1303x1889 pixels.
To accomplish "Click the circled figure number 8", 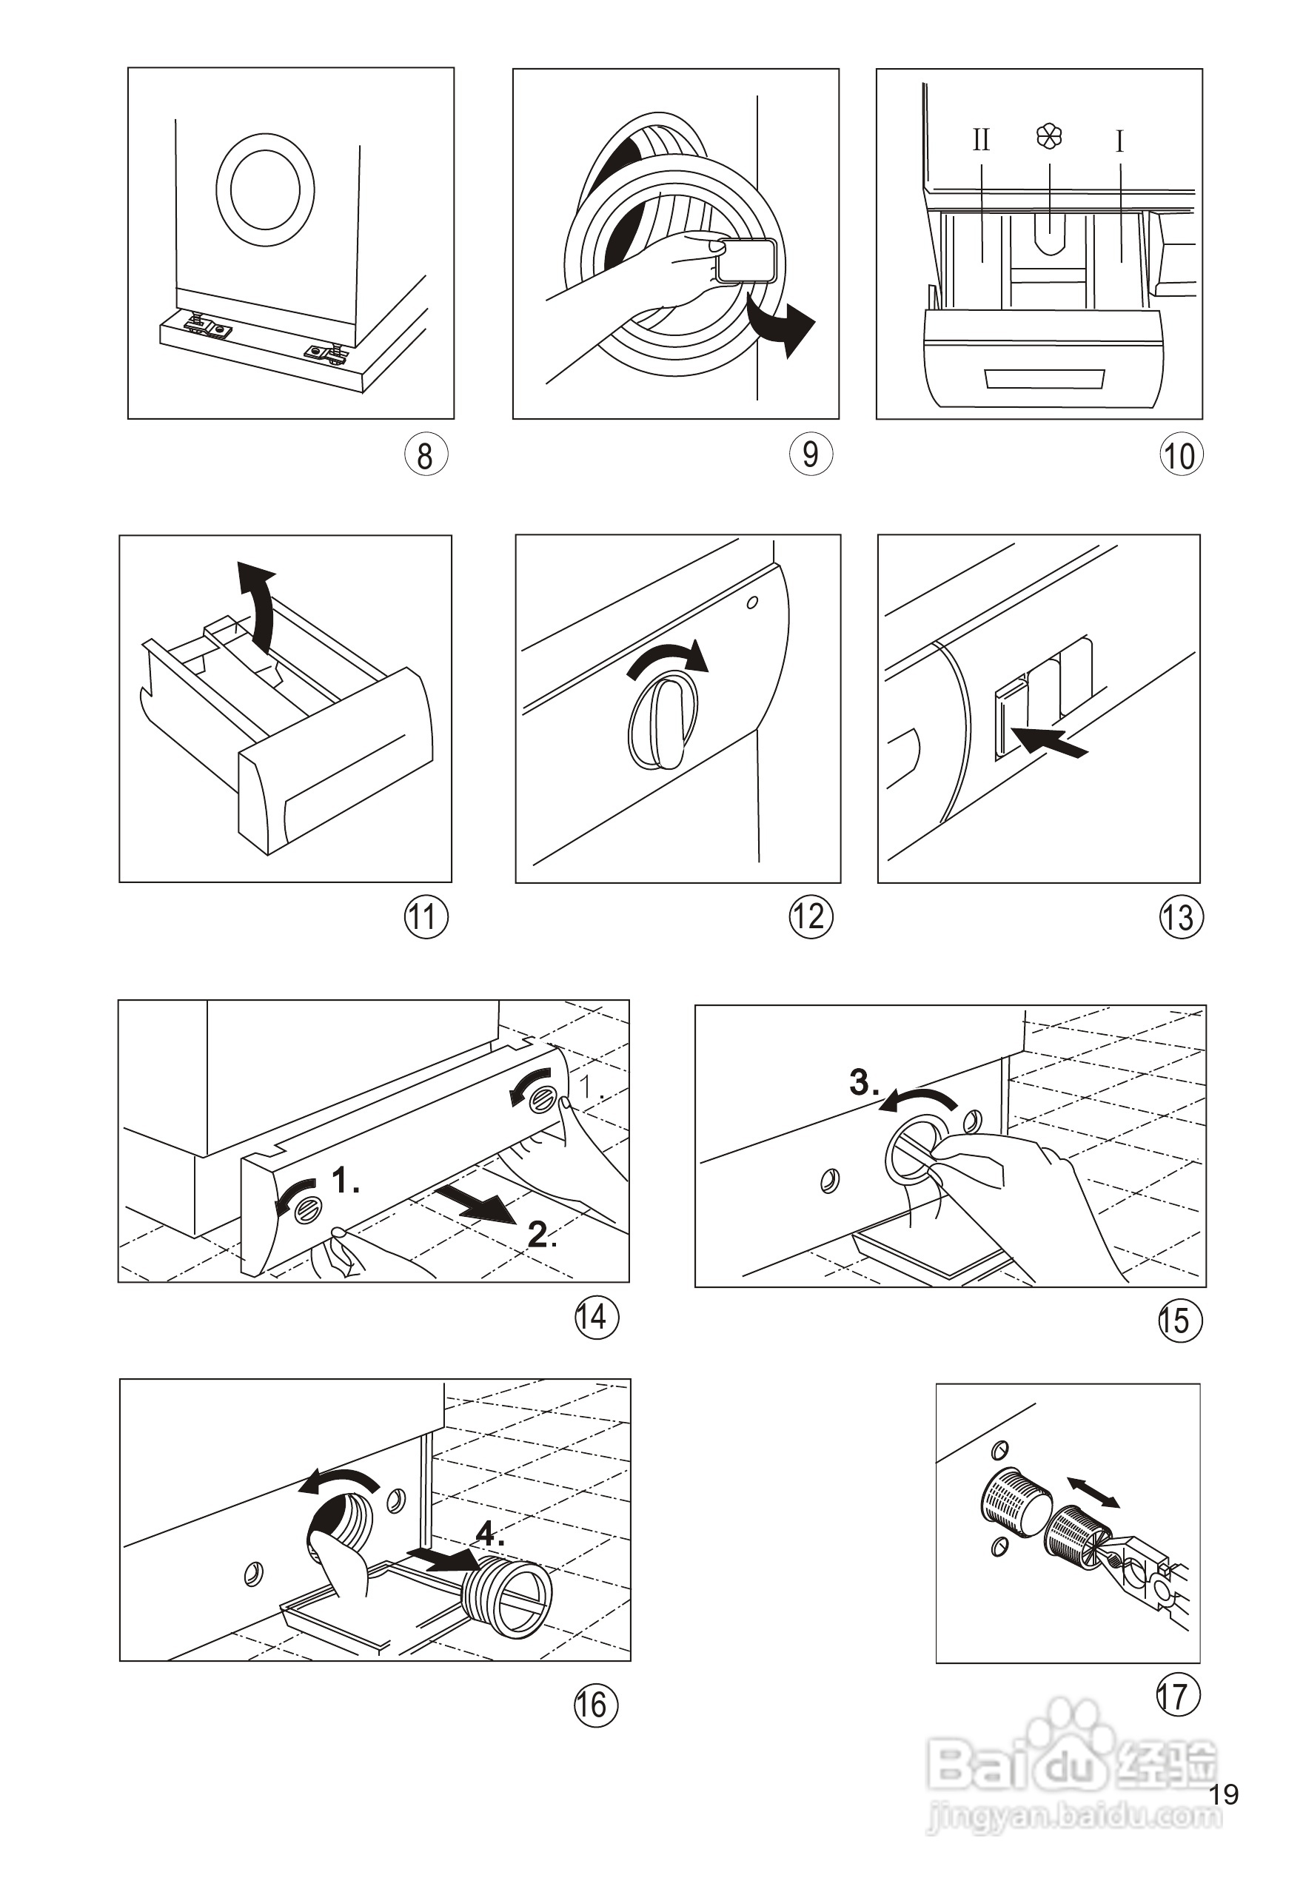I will tap(426, 455).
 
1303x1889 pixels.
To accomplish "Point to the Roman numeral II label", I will tap(980, 141).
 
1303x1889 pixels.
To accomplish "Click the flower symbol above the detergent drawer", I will tap(1049, 136).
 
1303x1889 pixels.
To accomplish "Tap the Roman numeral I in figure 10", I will tap(1119, 143).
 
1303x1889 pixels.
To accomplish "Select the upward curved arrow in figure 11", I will tap(257, 605).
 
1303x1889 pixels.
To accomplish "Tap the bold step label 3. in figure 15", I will tap(864, 1082).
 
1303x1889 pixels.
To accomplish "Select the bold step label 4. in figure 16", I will tap(491, 1534).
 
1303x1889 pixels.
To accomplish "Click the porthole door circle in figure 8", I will tap(265, 189).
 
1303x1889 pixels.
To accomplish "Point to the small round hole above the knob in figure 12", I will tap(752, 603).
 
